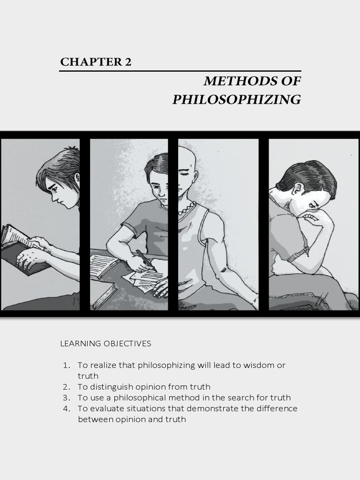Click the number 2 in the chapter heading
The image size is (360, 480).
128,62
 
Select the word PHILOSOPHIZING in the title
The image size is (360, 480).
237,100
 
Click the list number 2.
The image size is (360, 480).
67,387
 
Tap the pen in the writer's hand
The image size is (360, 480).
145,260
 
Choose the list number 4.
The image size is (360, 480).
67,408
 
